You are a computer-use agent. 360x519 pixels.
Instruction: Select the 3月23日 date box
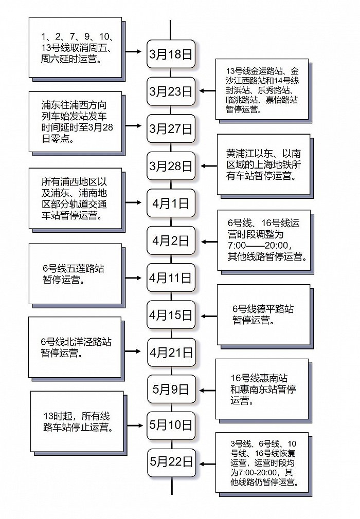pos(171,91)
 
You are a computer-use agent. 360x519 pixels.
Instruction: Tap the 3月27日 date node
pos(171,128)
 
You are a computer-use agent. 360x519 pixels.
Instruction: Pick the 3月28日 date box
pos(171,165)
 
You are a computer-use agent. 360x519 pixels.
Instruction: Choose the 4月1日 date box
pos(171,203)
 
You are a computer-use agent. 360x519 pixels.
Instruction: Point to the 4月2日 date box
pos(171,240)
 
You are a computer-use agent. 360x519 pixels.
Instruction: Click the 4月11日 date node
pos(171,277)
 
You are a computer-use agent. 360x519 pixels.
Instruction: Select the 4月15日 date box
pos(171,314)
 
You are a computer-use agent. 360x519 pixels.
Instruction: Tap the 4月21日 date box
pos(171,352)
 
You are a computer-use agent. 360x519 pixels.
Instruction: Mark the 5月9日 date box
pos(171,389)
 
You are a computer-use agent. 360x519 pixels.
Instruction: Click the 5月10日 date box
pos(171,425)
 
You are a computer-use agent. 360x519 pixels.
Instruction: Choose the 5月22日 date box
pos(171,462)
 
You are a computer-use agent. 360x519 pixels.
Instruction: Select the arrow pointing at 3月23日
pos(207,91)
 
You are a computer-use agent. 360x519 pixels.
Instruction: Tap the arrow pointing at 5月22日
pos(207,464)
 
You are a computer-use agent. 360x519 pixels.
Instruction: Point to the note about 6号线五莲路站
pos(75,274)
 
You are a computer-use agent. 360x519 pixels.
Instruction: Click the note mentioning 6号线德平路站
pos(263,314)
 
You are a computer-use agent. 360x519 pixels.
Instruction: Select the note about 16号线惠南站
pos(263,389)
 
